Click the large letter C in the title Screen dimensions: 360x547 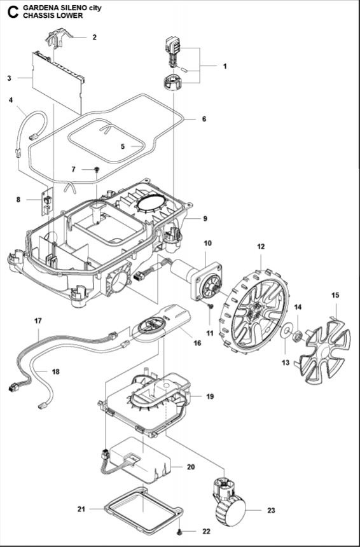point(13,12)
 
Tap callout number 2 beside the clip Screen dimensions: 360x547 point(95,38)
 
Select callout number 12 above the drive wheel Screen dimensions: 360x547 point(261,247)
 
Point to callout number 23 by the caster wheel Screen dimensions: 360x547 point(271,510)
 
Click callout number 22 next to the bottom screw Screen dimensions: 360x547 point(207,531)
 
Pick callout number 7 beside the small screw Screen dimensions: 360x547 point(73,169)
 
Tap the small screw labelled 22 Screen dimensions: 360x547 point(179,531)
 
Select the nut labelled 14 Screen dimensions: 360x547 point(298,336)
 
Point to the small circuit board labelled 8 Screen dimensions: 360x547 point(47,202)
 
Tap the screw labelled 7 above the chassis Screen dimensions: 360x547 point(97,169)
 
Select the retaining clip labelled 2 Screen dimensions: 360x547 point(59,37)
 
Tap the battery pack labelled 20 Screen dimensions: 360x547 point(139,460)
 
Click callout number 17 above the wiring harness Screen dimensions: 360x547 point(38,321)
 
